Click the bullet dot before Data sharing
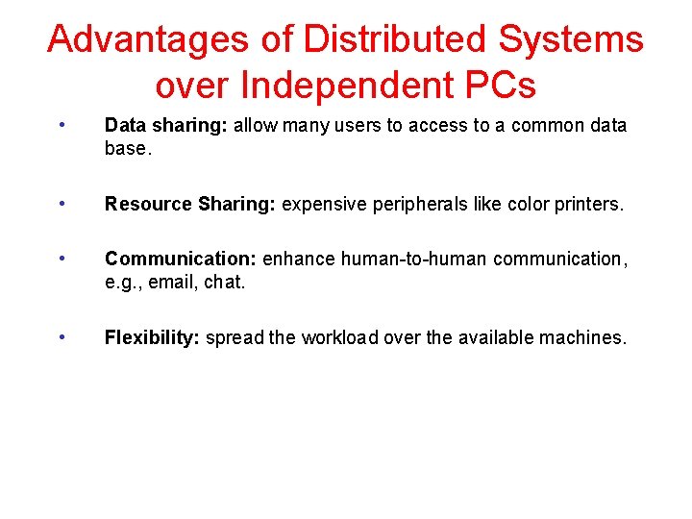(62, 125)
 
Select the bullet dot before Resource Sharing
(62, 204)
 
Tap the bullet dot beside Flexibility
(62, 336)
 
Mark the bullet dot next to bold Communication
(62, 258)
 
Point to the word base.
(127, 150)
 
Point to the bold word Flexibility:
(153, 337)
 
